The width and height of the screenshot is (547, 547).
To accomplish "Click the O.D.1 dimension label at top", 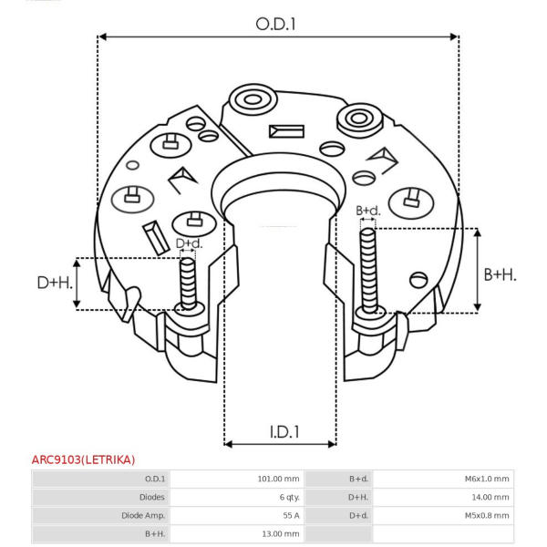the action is [275, 25].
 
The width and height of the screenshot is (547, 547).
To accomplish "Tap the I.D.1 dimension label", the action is [284, 432].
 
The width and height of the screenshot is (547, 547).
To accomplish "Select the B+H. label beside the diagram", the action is [500, 275].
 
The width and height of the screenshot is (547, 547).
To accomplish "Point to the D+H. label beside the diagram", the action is [55, 283].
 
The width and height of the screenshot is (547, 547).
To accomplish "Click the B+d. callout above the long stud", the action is [368, 211].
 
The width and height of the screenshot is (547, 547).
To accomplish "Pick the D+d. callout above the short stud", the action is [189, 243].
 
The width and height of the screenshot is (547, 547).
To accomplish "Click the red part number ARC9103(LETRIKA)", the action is [83, 459].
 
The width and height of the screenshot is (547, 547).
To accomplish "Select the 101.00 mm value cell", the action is [278, 479].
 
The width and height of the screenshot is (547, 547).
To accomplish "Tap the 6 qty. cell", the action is [290, 497].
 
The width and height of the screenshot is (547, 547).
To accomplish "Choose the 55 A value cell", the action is [292, 515].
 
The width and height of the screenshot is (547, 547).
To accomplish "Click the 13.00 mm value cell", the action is [281, 533].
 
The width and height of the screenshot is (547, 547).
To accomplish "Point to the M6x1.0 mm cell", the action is [487, 479].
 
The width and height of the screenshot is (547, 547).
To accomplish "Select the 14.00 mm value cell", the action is [490, 497].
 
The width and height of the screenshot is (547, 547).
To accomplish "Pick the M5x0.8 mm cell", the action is [487, 515].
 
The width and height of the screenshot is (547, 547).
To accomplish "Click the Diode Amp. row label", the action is [143, 515].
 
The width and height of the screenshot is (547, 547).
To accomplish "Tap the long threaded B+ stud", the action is [368, 271].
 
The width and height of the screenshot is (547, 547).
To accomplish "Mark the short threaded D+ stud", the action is [188, 284].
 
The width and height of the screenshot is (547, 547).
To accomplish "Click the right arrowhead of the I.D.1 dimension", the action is [332, 444].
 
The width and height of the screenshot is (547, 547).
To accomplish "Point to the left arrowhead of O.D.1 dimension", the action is [102, 36].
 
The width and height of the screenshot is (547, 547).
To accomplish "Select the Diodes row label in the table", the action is [151, 497].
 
